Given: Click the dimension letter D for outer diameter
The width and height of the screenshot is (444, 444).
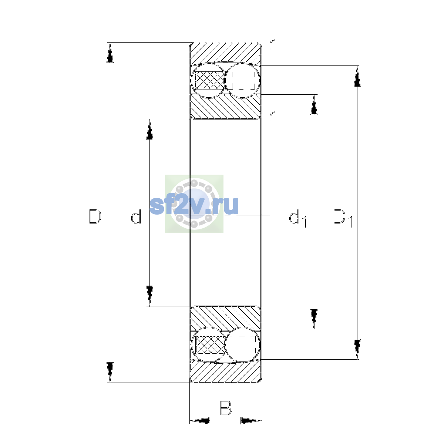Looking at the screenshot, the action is coord(95,216).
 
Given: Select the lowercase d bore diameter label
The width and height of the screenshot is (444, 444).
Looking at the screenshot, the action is coord(136,216).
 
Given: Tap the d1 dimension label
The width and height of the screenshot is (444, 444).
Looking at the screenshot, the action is coord(298,218).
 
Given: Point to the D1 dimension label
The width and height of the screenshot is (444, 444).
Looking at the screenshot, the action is coord(343,218).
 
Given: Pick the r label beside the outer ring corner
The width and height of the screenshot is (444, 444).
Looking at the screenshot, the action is coord(272,44).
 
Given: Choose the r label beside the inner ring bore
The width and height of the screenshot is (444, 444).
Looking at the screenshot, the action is coord(272,116).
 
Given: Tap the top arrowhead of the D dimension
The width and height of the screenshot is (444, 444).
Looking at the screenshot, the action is coord(110,53).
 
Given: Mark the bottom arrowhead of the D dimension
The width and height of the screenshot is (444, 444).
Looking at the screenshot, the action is coord(110,373).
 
